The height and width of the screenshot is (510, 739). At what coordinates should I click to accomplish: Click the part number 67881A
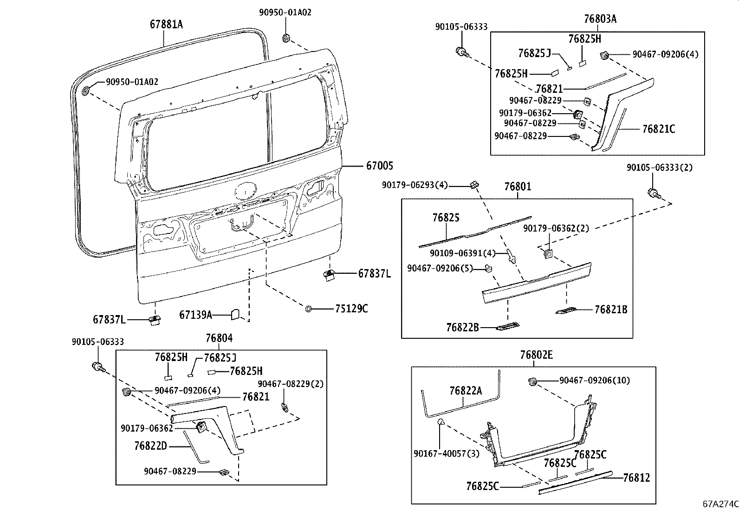click(x=166, y=25)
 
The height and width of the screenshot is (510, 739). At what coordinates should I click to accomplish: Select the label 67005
click(x=380, y=166)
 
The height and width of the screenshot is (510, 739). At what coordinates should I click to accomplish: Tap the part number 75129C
click(x=351, y=309)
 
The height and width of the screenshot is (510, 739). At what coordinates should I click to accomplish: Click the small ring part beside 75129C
click(x=308, y=309)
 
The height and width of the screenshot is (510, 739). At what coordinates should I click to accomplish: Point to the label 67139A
click(x=195, y=316)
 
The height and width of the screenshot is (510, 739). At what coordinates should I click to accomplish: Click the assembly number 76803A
click(x=600, y=19)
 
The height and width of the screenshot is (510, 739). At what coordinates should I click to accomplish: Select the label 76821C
click(x=658, y=129)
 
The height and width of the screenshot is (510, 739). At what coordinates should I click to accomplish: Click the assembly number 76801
click(x=518, y=187)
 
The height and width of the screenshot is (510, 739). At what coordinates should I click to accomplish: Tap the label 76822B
click(x=462, y=328)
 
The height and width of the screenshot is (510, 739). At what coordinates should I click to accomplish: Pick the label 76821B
click(x=611, y=310)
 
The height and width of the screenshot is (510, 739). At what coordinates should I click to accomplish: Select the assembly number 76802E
click(x=536, y=355)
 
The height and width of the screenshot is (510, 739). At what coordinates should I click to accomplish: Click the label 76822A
click(x=466, y=391)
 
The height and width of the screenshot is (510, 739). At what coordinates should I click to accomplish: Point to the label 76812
click(x=636, y=478)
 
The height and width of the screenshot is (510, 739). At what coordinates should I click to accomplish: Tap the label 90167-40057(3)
click(x=446, y=453)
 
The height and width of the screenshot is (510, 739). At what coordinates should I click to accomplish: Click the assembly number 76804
click(x=219, y=338)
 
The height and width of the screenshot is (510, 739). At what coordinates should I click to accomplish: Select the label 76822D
click(x=150, y=446)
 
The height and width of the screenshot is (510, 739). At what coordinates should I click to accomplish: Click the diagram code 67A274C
click(x=720, y=504)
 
